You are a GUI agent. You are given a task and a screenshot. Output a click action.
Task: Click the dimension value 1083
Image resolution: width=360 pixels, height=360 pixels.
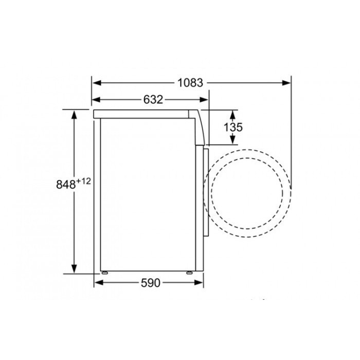(x=190, y=83)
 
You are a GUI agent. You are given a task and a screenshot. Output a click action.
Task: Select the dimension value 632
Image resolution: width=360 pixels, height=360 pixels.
(x=153, y=100)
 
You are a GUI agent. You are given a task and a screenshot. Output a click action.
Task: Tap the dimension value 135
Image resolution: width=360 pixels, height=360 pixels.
(x=233, y=127)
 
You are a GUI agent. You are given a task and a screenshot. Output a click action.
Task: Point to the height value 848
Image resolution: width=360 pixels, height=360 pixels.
(x=66, y=184)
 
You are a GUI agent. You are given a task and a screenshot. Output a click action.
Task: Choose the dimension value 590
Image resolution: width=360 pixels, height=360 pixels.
(x=150, y=283)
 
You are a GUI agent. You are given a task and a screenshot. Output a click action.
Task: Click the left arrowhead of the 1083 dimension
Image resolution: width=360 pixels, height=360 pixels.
(x=97, y=83)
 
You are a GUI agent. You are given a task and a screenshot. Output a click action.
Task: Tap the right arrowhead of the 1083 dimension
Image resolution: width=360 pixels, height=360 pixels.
(x=286, y=83)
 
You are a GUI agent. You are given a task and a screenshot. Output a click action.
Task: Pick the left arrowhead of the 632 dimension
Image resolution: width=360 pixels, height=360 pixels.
(x=97, y=100)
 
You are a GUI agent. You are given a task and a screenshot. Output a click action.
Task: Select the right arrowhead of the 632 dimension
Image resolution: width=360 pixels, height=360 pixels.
(x=204, y=100)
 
